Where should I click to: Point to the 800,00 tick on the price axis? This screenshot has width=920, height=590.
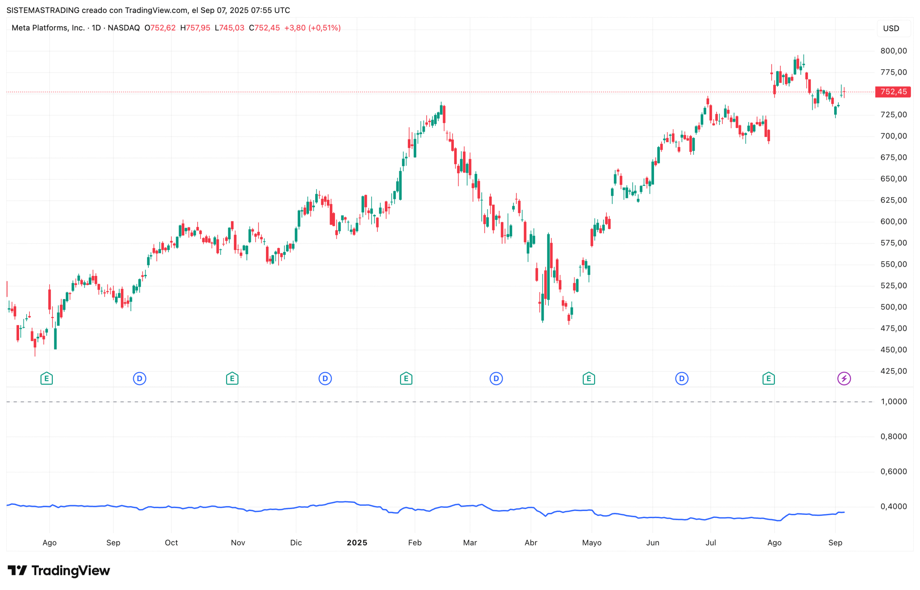(x=893, y=51)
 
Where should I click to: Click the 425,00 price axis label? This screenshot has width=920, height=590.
(x=893, y=371)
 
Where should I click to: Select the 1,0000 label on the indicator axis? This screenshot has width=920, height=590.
(x=893, y=401)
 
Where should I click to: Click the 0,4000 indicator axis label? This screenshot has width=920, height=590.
(x=893, y=507)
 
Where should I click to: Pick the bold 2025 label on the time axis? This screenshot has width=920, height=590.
(x=357, y=543)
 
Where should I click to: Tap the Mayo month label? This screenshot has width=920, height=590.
(x=591, y=543)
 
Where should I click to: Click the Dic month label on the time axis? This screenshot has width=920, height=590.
(x=296, y=543)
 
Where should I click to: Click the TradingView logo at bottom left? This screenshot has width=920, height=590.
(x=59, y=571)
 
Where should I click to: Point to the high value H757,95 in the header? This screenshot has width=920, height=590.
(x=195, y=28)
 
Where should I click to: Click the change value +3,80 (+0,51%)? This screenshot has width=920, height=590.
(x=312, y=28)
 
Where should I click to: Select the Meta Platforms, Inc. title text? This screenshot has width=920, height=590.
(x=48, y=28)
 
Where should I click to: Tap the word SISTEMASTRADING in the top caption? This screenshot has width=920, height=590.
(x=43, y=10)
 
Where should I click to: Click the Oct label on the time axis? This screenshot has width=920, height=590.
(x=171, y=543)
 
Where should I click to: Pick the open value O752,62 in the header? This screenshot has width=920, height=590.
(x=160, y=28)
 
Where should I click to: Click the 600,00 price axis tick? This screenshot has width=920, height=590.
(x=893, y=221)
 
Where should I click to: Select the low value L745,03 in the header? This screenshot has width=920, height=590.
(x=229, y=28)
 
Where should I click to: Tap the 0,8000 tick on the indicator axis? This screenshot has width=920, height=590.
(x=893, y=436)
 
